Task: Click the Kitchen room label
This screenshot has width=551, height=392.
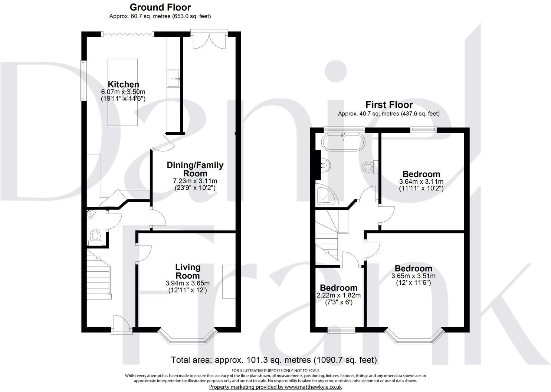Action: pyautogui.click(x=118, y=84)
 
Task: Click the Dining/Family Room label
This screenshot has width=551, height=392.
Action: pyautogui.click(x=195, y=169)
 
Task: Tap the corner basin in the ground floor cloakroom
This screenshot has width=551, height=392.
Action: pyautogui.click(x=90, y=213)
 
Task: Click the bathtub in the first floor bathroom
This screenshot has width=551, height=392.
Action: pyautogui.click(x=344, y=142)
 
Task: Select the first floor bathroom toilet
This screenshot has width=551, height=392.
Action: pyautogui.click(x=369, y=167)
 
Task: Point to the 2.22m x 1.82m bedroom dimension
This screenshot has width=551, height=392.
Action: pyautogui.click(x=339, y=295)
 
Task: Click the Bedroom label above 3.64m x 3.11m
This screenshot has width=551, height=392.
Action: pyautogui.click(x=421, y=174)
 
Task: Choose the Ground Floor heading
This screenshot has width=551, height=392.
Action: pyautogui.click(x=160, y=7)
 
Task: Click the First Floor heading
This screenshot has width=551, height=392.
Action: pyautogui.click(x=389, y=105)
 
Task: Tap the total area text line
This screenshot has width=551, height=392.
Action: pyautogui.click(x=274, y=360)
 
